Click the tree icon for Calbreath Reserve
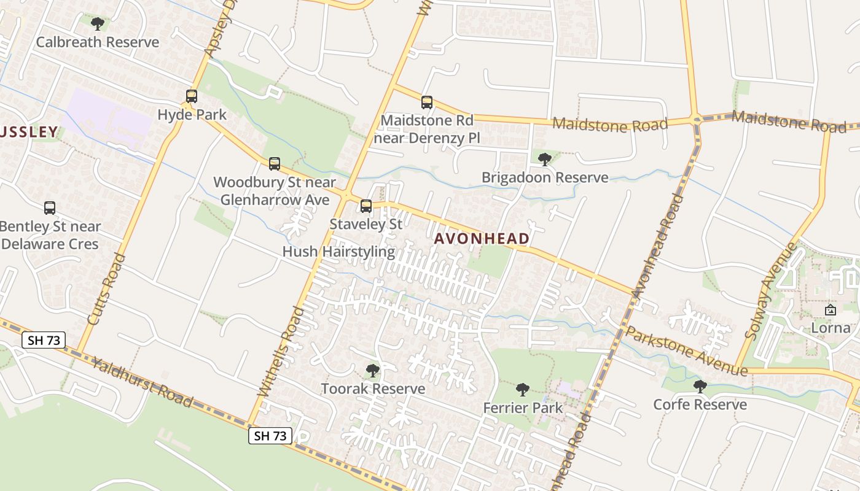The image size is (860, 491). click(97, 24)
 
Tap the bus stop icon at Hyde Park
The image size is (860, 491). click(192, 96)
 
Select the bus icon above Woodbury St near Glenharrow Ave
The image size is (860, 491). click(275, 164)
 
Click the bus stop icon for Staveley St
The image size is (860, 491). click(366, 206)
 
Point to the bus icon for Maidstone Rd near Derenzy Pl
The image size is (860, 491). click(427, 102)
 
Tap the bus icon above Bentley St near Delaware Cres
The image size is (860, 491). click(50, 208)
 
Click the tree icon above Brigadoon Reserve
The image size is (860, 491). click(544, 160)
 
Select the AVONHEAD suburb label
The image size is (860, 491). click(482, 239)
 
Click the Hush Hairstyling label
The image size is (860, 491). click(338, 252)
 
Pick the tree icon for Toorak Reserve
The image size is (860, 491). click(372, 371)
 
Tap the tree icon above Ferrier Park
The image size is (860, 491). click(523, 389)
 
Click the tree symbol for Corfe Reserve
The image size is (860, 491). click(700, 386)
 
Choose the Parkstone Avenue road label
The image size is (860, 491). click(686, 351)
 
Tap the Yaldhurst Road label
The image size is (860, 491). click(142, 382)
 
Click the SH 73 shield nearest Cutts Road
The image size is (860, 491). click(44, 340)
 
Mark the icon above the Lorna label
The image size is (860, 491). click(831, 310)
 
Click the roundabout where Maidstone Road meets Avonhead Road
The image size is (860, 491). click(696, 119)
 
